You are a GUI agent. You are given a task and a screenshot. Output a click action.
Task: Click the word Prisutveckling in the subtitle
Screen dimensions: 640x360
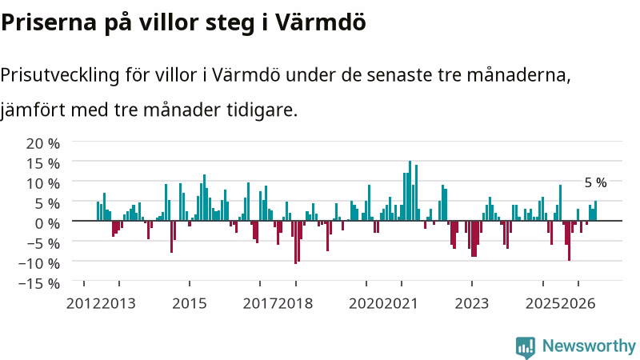tap(60, 76)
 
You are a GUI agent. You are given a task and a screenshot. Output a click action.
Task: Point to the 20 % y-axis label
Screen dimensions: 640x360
tap(43, 144)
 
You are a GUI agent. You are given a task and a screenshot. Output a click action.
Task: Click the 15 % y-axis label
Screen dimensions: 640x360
tap(43, 164)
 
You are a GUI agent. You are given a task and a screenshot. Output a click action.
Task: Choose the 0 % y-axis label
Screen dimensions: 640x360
tap(48, 223)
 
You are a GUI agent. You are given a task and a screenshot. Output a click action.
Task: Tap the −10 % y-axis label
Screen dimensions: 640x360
tap(39, 263)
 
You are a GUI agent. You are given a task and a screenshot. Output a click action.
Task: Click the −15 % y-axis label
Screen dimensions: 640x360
tap(39, 283)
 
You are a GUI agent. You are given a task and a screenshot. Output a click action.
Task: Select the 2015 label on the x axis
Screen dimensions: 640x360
tap(190, 304)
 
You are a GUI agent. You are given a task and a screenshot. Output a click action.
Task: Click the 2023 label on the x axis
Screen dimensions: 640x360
tap(472, 304)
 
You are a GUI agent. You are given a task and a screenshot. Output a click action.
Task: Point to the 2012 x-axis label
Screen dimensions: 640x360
tap(83, 304)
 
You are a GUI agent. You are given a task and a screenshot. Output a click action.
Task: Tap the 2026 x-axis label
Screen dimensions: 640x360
tap(578, 304)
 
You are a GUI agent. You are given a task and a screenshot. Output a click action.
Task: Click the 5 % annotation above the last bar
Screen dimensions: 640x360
tap(595, 183)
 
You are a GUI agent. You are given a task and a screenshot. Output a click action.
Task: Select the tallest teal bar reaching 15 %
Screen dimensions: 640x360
tap(410, 190)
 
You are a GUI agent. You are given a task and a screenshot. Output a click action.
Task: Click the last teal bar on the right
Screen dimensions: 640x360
tap(595, 210)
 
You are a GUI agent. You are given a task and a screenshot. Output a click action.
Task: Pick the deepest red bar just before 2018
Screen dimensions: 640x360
tap(295, 242)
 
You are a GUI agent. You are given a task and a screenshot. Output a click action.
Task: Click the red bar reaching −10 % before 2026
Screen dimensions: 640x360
tap(569, 241)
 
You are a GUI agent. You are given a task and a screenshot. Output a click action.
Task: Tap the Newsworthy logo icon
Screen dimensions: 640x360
tap(526, 347)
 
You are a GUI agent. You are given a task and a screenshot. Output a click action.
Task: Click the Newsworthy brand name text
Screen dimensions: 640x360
tap(589, 346)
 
